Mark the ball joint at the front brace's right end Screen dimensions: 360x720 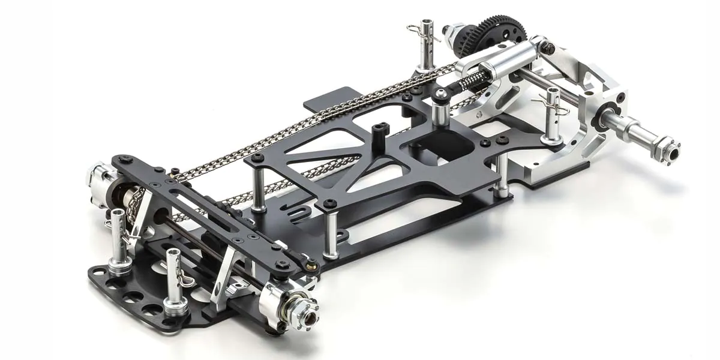[311, 263]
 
